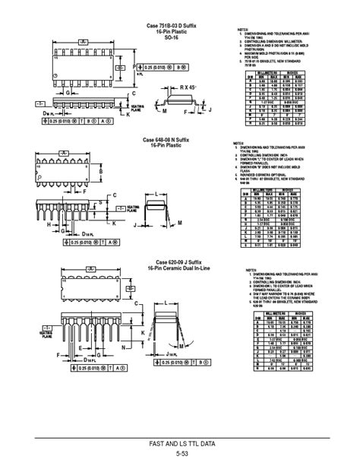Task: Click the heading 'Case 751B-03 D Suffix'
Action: (172, 26)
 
